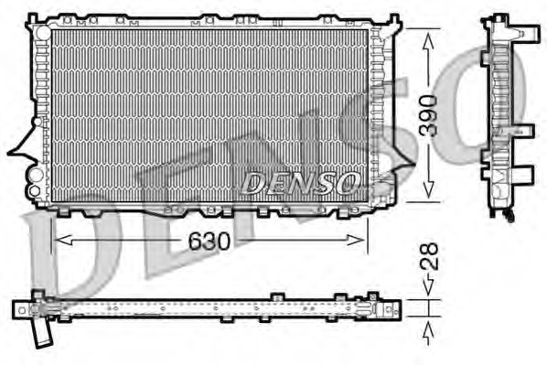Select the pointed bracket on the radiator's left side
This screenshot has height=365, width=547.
20,146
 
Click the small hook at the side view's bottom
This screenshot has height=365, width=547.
507,215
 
